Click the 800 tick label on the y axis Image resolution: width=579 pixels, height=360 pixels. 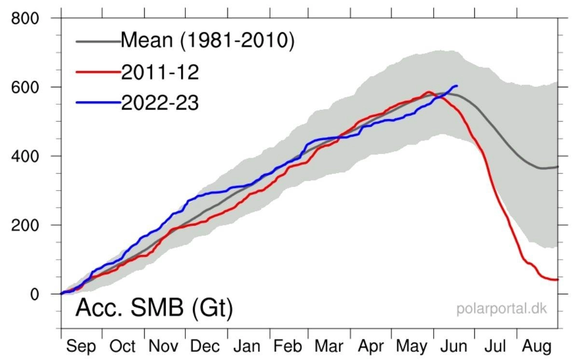pyautogui.click(x=25, y=19)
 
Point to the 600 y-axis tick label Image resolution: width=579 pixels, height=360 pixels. pyautogui.click(x=25, y=88)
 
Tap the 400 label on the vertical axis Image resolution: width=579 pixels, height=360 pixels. pyautogui.click(x=25, y=157)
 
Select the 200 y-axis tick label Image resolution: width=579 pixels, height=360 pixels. pyautogui.click(x=25, y=226)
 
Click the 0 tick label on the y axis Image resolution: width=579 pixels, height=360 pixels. pyautogui.click(x=35, y=294)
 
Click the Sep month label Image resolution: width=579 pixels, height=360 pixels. pyautogui.click(x=81, y=346)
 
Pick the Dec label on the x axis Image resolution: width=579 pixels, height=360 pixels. pyautogui.click(x=205, y=346)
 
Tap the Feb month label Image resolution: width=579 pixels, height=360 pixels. pyautogui.click(x=288, y=346)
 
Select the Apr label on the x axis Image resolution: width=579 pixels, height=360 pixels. pyautogui.click(x=371, y=346)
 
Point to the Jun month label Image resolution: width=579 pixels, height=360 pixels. pyautogui.click(x=454, y=346)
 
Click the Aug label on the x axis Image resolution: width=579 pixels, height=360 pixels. pyautogui.click(x=537, y=346)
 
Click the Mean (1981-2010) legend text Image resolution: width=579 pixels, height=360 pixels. pyautogui.click(x=207, y=41)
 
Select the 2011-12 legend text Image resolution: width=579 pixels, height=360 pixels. pyautogui.click(x=160, y=72)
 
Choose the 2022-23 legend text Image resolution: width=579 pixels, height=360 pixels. pyautogui.click(x=160, y=103)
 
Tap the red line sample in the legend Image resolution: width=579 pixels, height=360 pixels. pyautogui.click(x=98, y=72)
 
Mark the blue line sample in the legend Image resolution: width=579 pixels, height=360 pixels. pyautogui.click(x=98, y=103)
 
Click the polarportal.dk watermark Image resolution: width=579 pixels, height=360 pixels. pyautogui.click(x=501, y=309)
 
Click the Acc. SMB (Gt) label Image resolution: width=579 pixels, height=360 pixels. pyautogui.click(x=154, y=308)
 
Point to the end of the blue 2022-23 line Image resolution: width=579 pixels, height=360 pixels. pyautogui.click(x=457, y=86)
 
